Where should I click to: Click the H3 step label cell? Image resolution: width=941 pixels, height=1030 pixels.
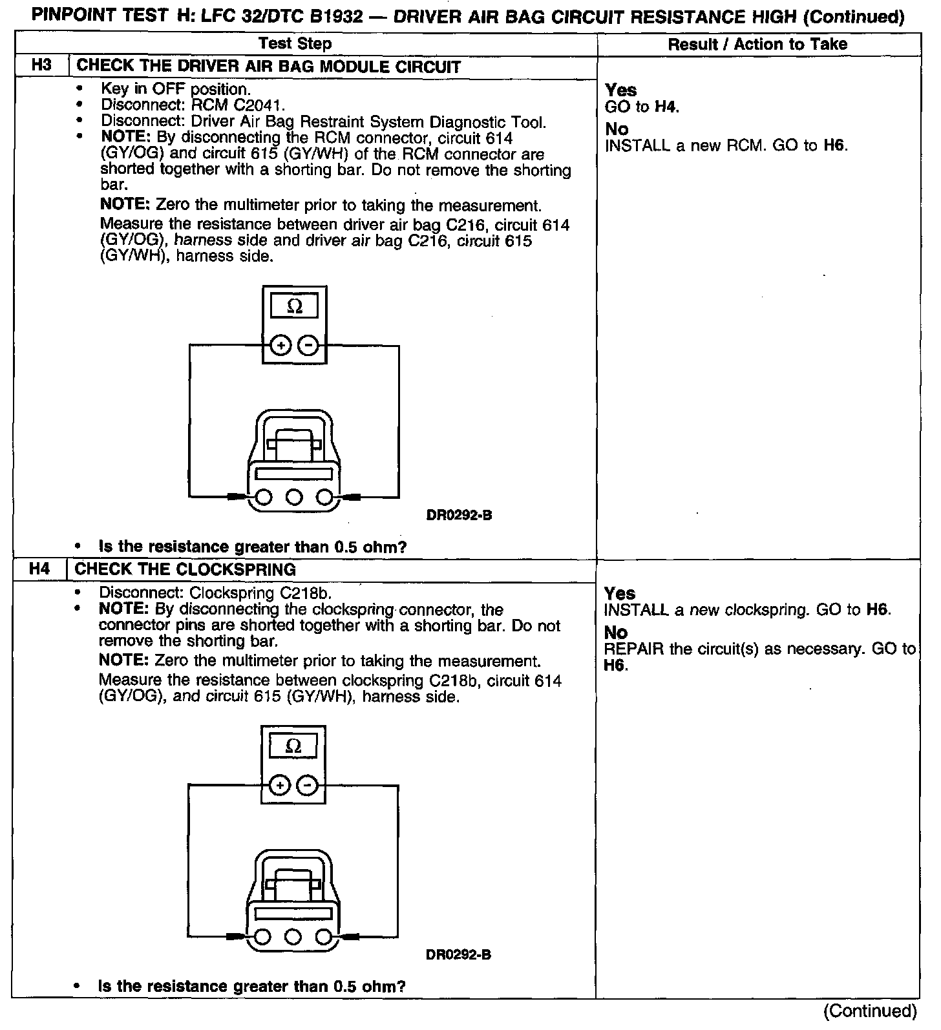pos(41,66)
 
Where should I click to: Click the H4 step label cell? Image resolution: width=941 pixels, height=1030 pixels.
pos(39,569)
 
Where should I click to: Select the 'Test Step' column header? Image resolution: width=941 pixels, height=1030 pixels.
pos(295,44)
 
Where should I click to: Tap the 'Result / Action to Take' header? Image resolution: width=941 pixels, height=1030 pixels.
pos(757,44)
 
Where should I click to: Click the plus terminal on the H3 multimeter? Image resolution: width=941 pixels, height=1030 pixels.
pos(280,346)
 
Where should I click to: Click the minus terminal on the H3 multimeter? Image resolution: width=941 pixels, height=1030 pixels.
pos(310,346)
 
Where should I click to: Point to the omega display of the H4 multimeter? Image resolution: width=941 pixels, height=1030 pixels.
pos(293,746)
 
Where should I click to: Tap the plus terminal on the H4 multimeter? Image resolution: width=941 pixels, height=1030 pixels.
pos(279,786)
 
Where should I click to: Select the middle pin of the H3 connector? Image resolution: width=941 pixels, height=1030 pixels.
pos(294,497)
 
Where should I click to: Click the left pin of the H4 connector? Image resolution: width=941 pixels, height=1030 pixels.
pos(262,936)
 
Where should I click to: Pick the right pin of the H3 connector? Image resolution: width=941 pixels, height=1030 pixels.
pos(325,497)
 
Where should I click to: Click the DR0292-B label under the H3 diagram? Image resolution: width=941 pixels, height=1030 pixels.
pos(459,516)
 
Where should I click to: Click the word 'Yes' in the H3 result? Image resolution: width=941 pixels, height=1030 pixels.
pos(620,90)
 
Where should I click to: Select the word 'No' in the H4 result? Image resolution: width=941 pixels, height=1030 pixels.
pos(616,633)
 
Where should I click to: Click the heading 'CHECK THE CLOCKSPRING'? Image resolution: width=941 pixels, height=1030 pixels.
pos(185,569)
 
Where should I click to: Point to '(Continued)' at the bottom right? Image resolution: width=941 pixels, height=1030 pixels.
pos(870,1011)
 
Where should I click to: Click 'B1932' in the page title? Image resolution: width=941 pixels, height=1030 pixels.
pos(335,16)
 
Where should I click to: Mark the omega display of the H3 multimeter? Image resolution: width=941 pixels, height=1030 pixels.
pos(294,306)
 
